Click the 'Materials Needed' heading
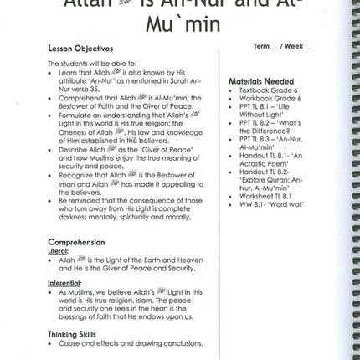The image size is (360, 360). point(252,80)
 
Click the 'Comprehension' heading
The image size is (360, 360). point(70,242)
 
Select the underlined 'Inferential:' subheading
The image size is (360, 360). point(63,282)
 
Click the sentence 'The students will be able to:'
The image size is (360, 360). point(79,64)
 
